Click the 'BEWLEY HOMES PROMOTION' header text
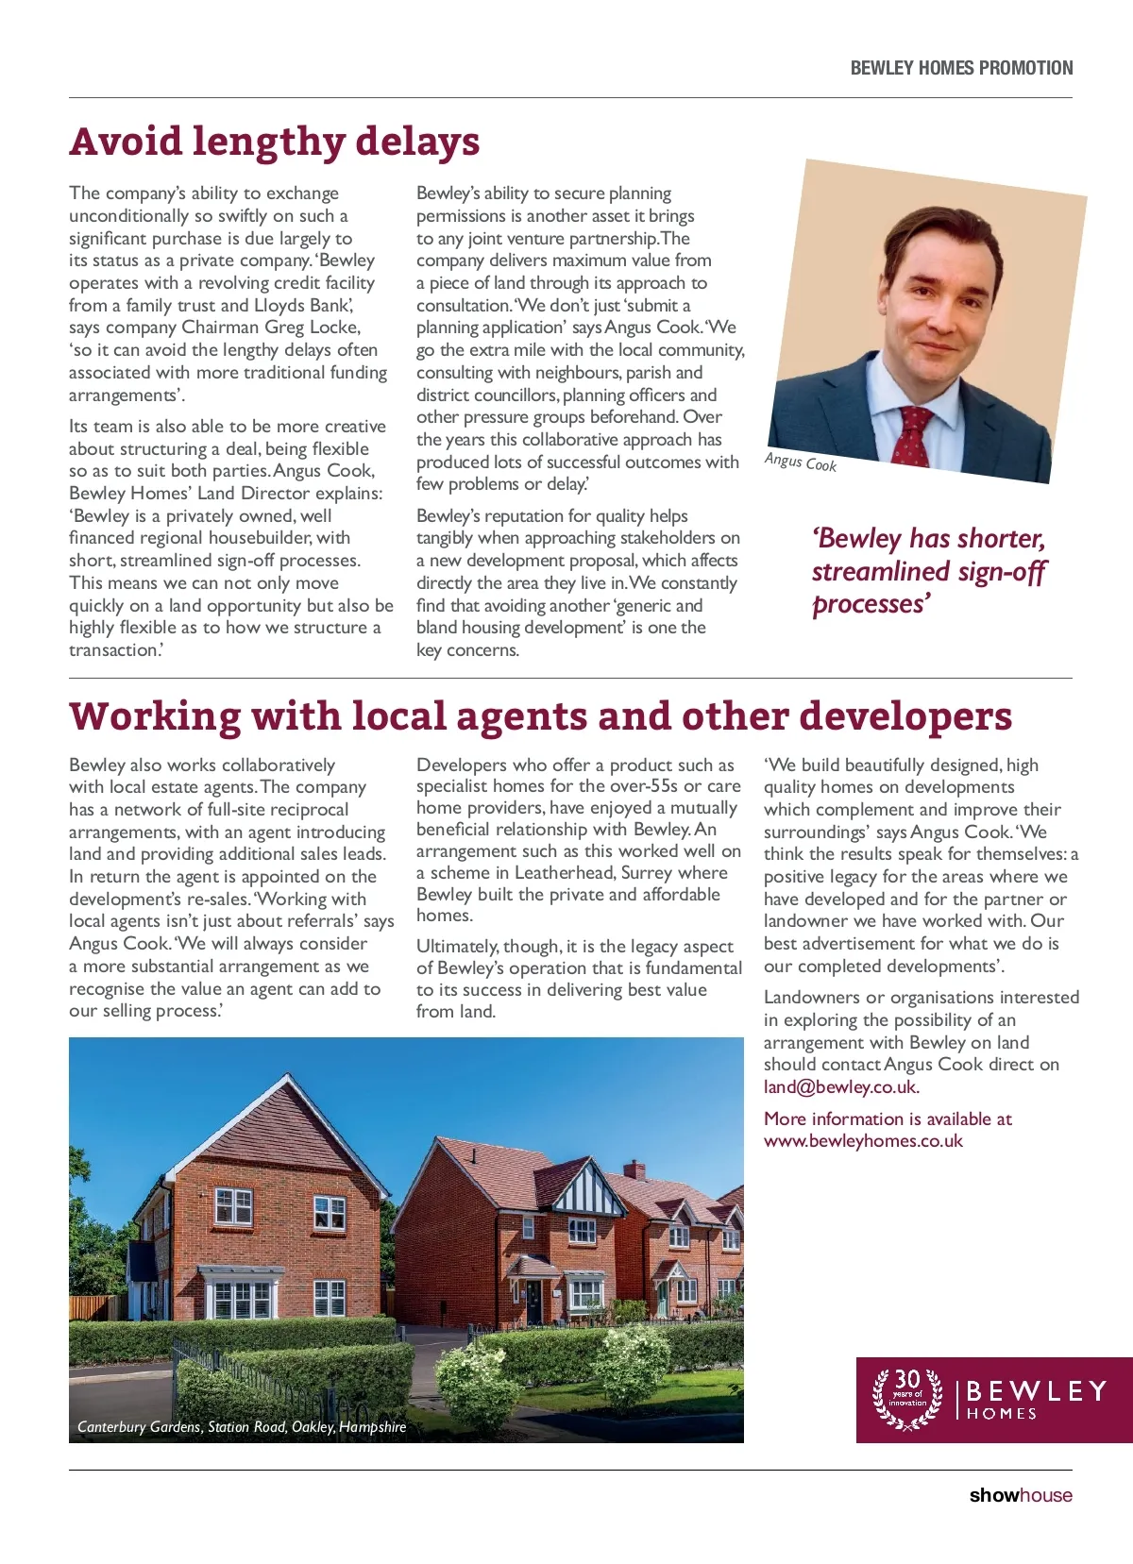point(961,68)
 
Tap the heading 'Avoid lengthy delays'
point(275,142)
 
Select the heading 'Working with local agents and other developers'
point(540,716)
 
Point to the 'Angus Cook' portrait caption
point(800,462)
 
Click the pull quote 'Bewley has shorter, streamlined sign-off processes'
point(928,571)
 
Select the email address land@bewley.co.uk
point(840,1087)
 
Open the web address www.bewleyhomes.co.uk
point(863,1141)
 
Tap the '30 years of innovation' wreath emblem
point(907,1399)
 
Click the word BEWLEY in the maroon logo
point(1036,1391)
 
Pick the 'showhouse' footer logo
point(1021,1495)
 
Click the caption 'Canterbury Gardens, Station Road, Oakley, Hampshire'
point(242,1427)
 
